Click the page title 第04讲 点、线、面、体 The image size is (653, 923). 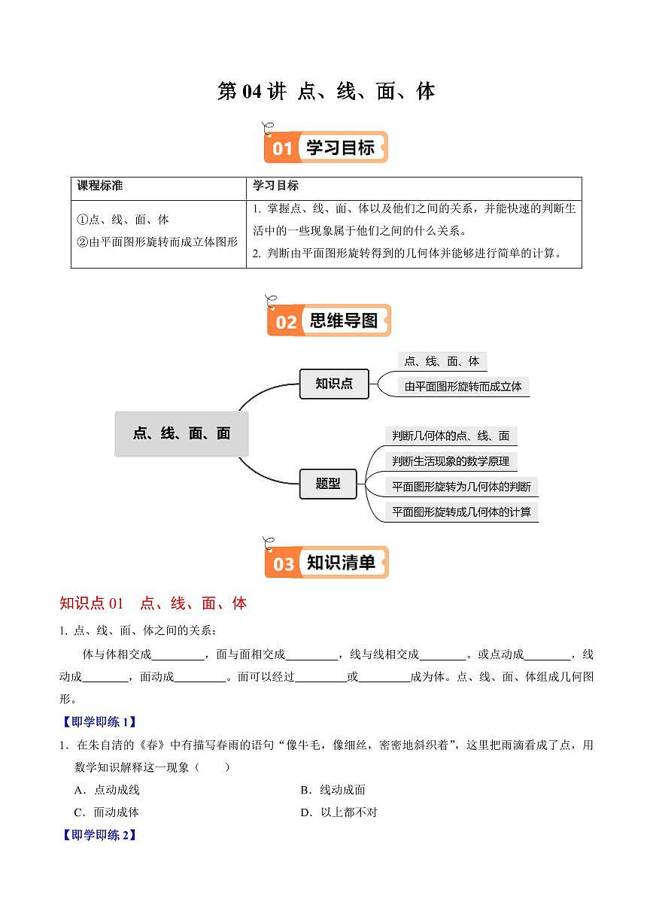tap(326, 92)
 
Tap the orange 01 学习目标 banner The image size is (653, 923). tap(326, 147)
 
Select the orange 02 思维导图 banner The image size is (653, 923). tap(329, 321)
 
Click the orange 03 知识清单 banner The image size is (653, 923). tap(326, 563)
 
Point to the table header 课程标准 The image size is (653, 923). tap(99, 186)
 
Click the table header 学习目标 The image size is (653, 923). tap(275, 186)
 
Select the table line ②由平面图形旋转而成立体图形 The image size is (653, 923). tap(157, 242)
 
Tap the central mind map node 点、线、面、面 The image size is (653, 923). tap(181, 433)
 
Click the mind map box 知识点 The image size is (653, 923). tap(334, 384)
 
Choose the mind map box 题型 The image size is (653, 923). tap(328, 484)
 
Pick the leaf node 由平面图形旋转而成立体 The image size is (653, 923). tap(463, 387)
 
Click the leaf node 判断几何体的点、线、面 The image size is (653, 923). tap(451, 436)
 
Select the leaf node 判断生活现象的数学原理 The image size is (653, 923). tap(451, 461)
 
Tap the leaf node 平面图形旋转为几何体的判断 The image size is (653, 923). tap(461, 487)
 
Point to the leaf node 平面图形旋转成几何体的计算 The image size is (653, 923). tap(461, 512)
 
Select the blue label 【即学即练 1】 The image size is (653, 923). tap(99, 722)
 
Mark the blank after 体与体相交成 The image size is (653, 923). tap(178, 655)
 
